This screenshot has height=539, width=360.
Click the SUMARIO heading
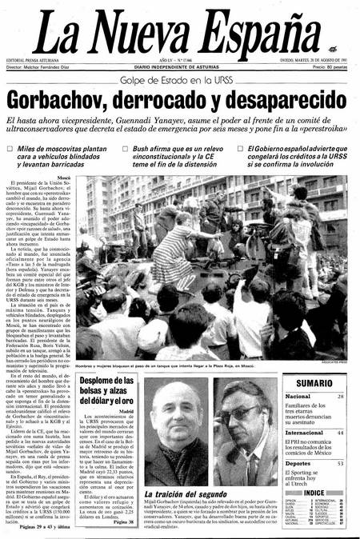pyautogui.click(x=314, y=383)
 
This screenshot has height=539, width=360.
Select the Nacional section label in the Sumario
pyautogui.click(x=298, y=397)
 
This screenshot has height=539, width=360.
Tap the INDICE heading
pyautogui.click(x=314, y=493)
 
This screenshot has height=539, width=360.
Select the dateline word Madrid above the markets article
pyautogui.click(x=126, y=411)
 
